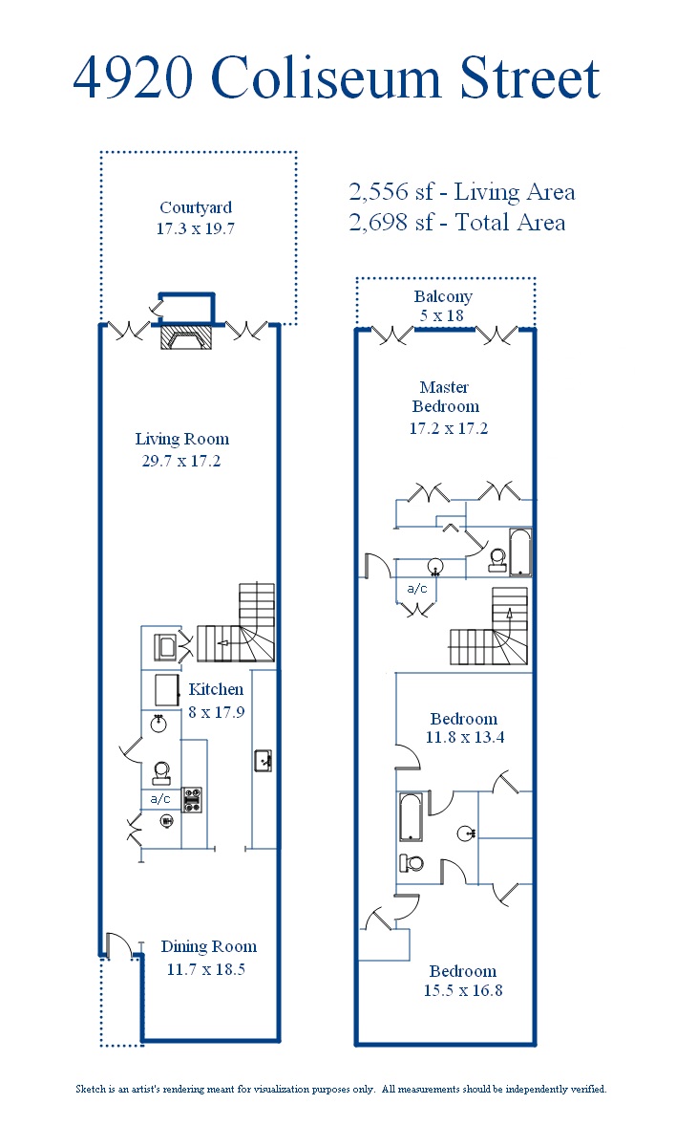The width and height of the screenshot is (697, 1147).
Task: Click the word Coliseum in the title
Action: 326,77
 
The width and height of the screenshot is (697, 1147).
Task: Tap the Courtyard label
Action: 196,207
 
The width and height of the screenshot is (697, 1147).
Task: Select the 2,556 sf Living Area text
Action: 462,192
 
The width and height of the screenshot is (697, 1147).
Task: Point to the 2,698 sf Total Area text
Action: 457,222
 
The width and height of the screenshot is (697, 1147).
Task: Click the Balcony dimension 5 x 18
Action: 442,315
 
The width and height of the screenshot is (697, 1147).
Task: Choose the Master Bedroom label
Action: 445,397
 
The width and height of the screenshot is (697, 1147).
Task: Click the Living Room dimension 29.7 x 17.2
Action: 181,461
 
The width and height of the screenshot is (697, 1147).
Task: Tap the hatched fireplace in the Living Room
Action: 186,337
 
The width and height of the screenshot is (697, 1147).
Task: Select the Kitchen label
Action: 216,689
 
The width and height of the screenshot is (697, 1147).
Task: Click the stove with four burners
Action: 192,800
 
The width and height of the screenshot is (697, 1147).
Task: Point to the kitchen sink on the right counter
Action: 263,761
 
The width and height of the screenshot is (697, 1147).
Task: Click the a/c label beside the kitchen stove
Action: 160,798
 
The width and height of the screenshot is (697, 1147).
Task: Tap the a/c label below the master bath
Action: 417,589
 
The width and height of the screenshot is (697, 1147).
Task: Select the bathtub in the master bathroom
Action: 520,552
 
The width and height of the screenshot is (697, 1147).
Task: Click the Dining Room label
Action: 209,946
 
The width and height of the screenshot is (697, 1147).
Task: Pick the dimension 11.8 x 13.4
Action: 465,737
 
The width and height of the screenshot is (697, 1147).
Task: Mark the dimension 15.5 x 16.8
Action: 463,990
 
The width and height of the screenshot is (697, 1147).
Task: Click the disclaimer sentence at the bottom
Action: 341,1089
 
